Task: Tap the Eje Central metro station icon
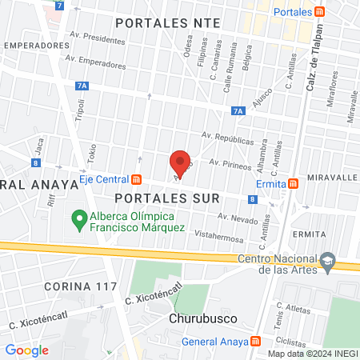137,180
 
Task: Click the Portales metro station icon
319,12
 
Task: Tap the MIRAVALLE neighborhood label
330,176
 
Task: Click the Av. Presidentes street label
98,38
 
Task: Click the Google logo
26,350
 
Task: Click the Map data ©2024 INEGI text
312,354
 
